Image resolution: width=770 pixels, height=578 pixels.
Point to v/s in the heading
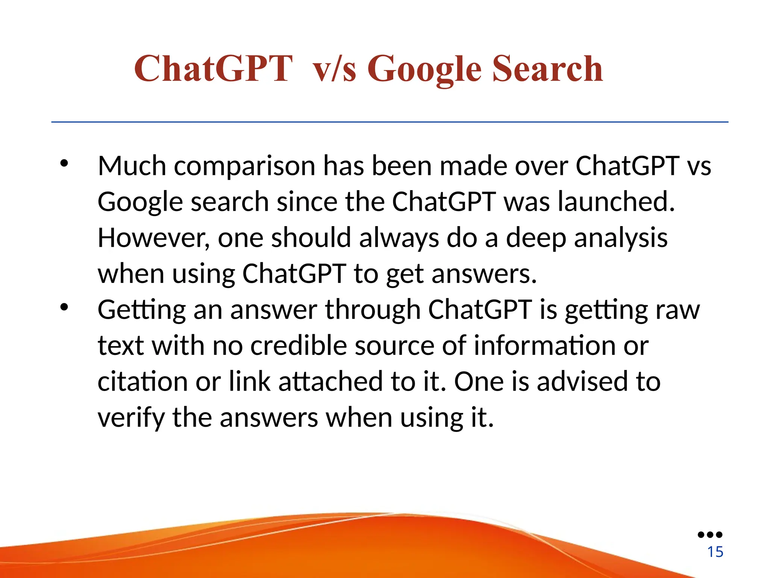(334, 70)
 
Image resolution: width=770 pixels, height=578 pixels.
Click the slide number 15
(715, 552)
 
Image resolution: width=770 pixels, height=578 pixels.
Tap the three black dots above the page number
(710, 535)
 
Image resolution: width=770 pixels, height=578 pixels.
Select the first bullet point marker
(64, 163)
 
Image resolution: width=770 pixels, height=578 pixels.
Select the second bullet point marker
(64, 307)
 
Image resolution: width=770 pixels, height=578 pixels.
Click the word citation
(142, 382)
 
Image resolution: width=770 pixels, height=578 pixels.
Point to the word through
(372, 310)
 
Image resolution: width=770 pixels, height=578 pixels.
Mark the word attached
(330, 382)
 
